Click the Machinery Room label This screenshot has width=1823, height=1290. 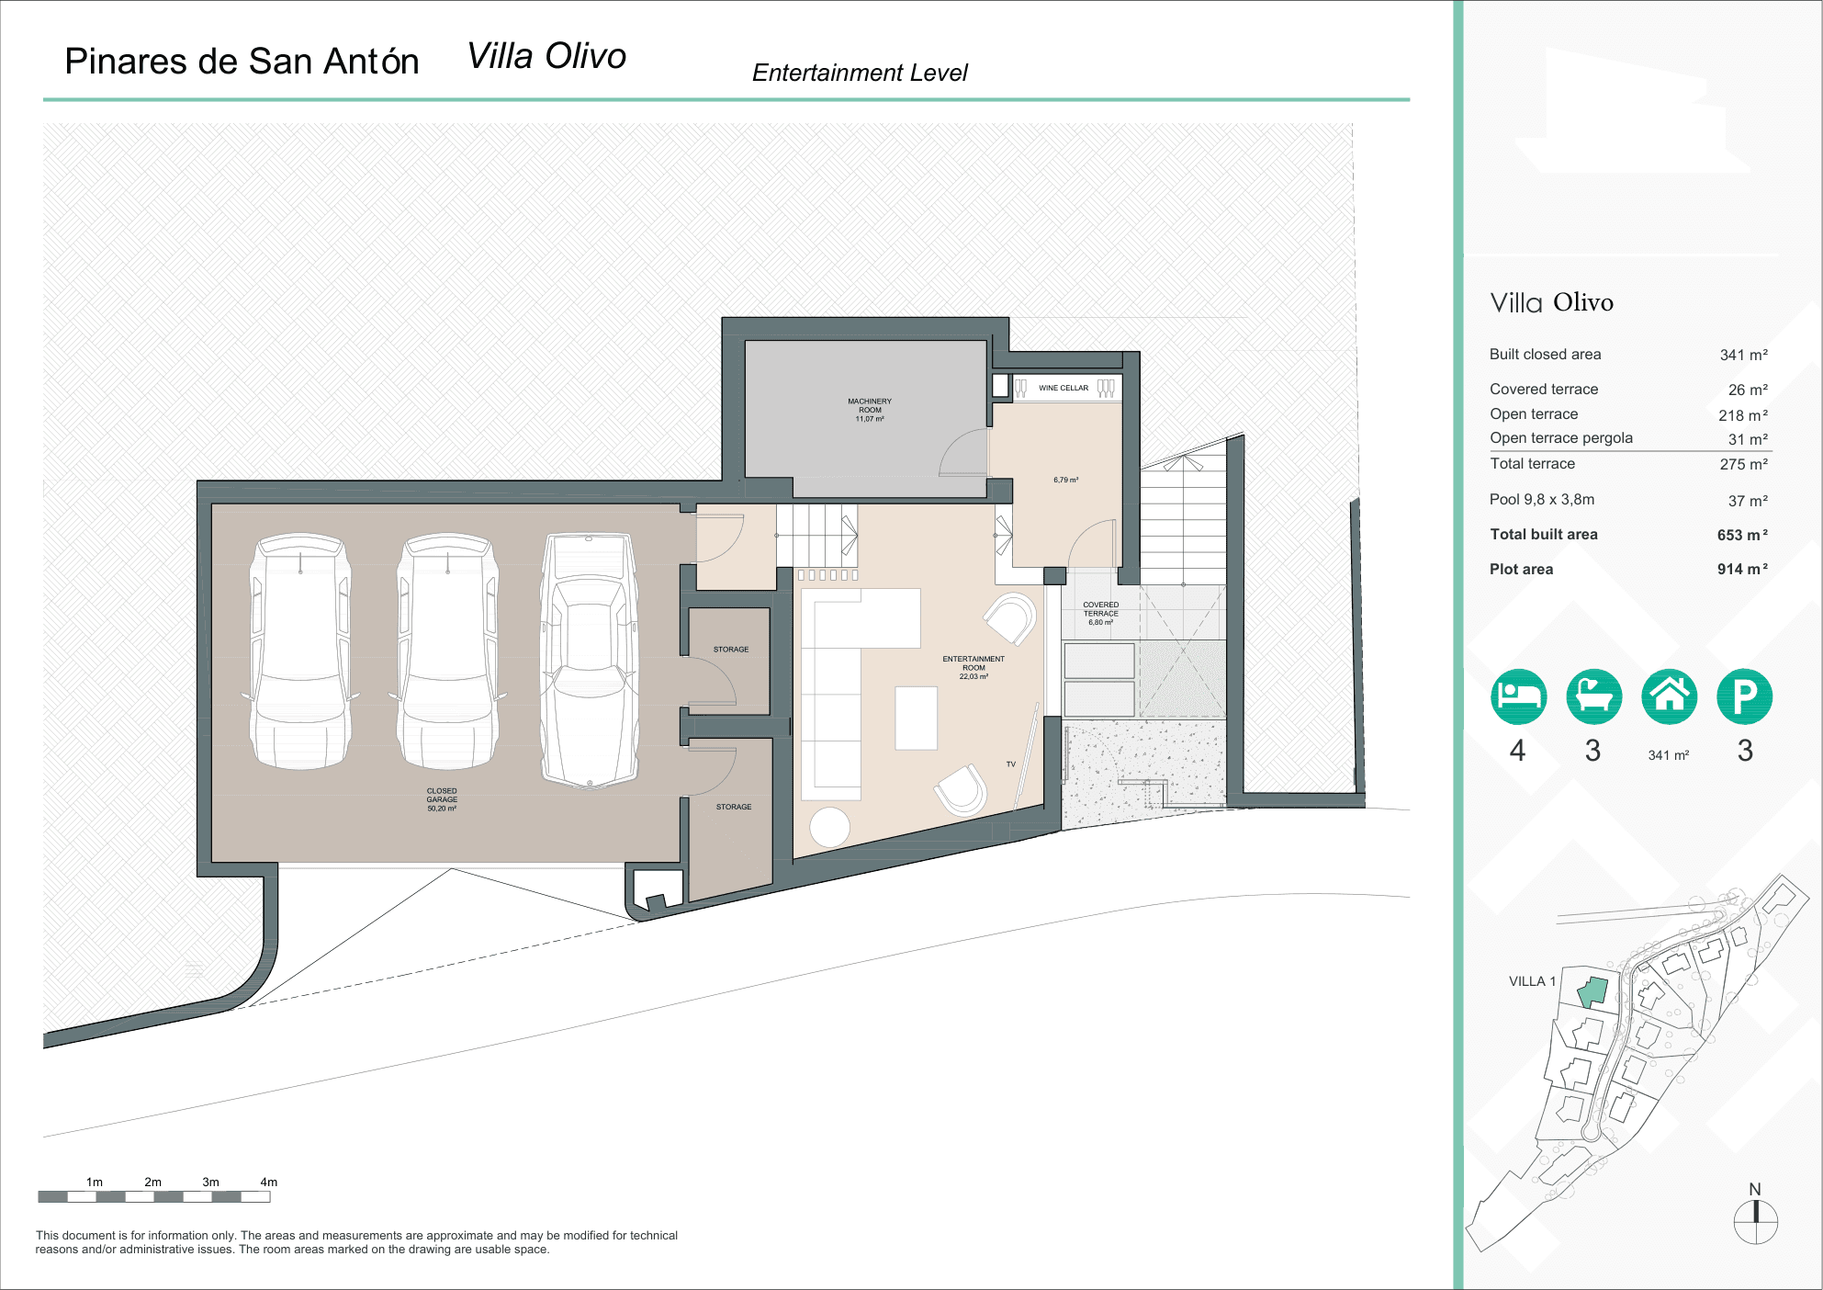click(x=869, y=410)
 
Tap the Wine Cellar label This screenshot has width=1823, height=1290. click(x=1063, y=388)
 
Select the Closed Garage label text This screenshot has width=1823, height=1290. click(x=441, y=799)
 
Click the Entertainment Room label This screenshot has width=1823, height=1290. click(x=973, y=667)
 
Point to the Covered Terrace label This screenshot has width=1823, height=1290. click(x=1100, y=613)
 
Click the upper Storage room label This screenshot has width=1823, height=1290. click(x=730, y=650)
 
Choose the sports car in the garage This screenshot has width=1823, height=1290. click(x=589, y=660)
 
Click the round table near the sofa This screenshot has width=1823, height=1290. click(x=829, y=826)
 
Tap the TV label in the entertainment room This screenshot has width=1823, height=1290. click(x=1010, y=764)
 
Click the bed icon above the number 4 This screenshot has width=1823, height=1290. click(x=1518, y=696)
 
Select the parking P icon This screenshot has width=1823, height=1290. click(x=1744, y=696)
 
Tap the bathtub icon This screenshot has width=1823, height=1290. click(x=1593, y=696)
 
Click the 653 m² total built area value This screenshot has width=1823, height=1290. click(x=1741, y=535)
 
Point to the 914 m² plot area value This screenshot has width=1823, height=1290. click(x=1741, y=570)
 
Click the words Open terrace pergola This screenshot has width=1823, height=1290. click(x=1560, y=438)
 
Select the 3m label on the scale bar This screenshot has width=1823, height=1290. click(x=210, y=1182)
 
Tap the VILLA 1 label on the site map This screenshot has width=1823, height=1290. click(x=1532, y=981)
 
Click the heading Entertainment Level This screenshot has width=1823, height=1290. click(x=859, y=73)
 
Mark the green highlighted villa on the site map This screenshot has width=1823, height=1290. click(x=1592, y=992)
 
